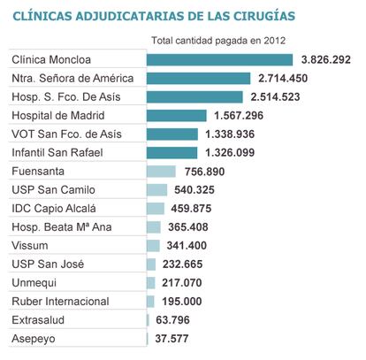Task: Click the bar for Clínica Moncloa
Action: (220, 60)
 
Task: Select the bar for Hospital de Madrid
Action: (177, 116)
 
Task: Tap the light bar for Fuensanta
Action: (161, 172)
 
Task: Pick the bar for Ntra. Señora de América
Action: (199, 79)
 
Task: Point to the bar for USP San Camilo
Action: (156, 190)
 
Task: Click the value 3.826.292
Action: (326, 60)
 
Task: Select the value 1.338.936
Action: (230, 134)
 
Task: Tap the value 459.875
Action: (191, 209)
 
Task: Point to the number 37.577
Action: (172, 339)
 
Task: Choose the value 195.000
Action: (182, 302)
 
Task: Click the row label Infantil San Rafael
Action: (57, 153)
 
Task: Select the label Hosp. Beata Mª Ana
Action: (62, 227)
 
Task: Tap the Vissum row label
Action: (30, 246)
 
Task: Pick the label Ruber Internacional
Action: (60, 302)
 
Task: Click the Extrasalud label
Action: (38, 320)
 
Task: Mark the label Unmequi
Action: (34, 283)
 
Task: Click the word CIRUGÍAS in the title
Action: (264, 16)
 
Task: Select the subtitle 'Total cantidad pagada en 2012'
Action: (218, 41)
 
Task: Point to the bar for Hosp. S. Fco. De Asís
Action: (194, 97)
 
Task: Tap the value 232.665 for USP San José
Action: (182, 264)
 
